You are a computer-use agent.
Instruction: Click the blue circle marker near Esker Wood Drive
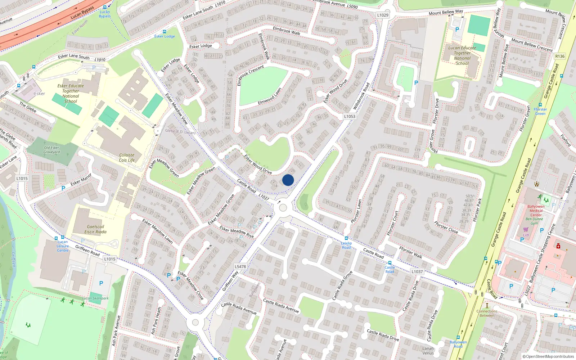(288, 180)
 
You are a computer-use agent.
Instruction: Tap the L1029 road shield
(383, 15)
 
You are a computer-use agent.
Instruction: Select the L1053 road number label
(349, 116)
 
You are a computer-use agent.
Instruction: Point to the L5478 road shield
(240, 267)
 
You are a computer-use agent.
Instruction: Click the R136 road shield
(560, 56)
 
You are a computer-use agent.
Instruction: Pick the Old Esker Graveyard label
(52, 150)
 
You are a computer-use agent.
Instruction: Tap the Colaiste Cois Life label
(127, 158)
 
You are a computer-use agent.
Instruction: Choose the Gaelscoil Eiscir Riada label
(95, 229)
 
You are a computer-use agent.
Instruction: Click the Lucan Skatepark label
(95, 298)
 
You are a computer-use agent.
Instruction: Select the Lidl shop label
(526, 235)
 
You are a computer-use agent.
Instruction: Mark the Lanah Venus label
(428, 351)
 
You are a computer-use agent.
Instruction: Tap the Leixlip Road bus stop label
(346, 245)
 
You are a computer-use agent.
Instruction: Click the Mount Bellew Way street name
(446, 13)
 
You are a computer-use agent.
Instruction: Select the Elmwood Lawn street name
(269, 97)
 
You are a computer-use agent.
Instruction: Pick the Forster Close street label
(446, 227)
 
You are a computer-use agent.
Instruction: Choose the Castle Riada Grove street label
(342, 285)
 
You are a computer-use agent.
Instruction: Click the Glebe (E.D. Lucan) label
(180, 132)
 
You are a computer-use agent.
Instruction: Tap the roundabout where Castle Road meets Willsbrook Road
(283, 208)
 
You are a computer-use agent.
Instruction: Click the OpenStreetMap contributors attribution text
(548, 356)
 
